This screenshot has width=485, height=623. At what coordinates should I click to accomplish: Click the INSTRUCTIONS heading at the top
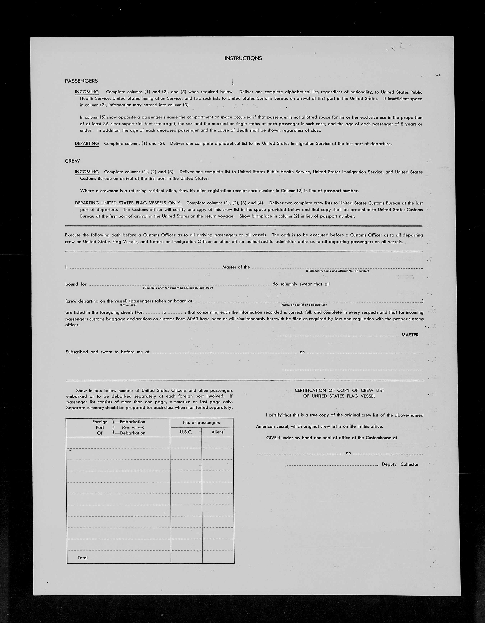click(243, 58)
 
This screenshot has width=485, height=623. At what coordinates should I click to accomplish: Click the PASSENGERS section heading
click(81, 81)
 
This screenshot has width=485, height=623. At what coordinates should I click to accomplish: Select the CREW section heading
click(72, 161)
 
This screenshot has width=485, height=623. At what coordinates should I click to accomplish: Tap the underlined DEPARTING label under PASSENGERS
click(87, 143)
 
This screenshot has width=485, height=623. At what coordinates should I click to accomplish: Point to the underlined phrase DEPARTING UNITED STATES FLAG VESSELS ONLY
click(128, 203)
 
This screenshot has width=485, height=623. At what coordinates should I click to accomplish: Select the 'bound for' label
click(76, 284)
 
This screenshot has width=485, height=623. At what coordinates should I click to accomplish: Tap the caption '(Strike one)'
click(128, 305)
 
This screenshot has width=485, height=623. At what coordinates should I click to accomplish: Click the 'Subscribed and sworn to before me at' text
click(108, 352)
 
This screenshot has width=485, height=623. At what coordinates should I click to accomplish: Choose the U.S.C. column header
click(186, 432)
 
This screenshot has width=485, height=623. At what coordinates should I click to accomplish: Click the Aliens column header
click(217, 432)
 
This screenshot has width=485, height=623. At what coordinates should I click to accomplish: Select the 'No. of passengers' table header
click(201, 422)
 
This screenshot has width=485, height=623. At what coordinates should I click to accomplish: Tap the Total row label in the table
click(82, 558)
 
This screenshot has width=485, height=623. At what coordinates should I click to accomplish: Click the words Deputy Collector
click(400, 464)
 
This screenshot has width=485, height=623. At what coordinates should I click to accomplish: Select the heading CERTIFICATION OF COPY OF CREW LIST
click(339, 390)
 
